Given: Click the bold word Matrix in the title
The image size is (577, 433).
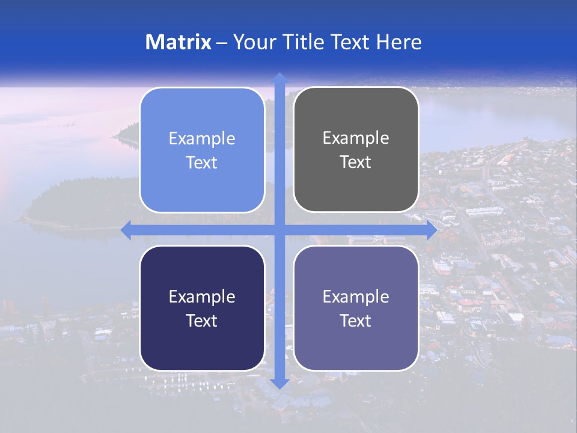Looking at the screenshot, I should click(178, 42).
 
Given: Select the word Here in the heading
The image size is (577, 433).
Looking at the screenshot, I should click(398, 42).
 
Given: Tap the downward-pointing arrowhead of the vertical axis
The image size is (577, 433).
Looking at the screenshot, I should click(279, 383).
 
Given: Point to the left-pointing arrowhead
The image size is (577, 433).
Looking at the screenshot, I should click(126, 230).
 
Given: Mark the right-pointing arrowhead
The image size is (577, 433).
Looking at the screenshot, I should click(431, 230).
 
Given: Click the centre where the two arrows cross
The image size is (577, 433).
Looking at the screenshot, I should click(279, 230).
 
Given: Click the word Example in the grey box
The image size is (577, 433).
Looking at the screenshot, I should click(356, 138).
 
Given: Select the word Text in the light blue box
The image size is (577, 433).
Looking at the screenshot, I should click(202, 163).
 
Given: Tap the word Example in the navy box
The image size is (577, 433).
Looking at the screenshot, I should click(202, 296).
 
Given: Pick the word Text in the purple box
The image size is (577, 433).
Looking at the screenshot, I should click(356, 321).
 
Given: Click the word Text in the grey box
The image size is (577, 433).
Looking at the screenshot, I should click(356, 162).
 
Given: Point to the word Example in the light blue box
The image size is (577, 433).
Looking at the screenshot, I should click(202, 139).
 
